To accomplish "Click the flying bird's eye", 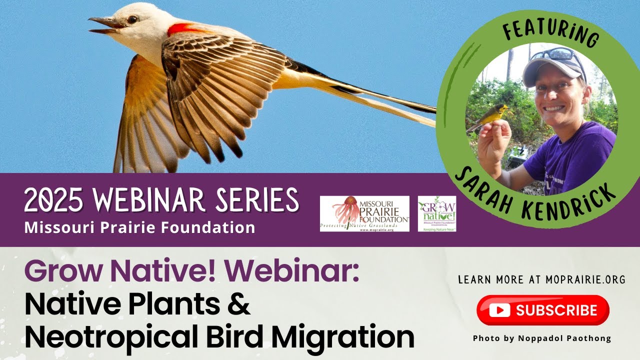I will point(132,19).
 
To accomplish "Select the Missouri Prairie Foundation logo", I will point(364,213).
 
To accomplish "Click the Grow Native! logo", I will point(436,213).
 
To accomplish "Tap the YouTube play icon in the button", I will point(499,310).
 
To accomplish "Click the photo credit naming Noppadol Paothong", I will point(542,338).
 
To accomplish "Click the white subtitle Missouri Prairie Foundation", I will point(139,227).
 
